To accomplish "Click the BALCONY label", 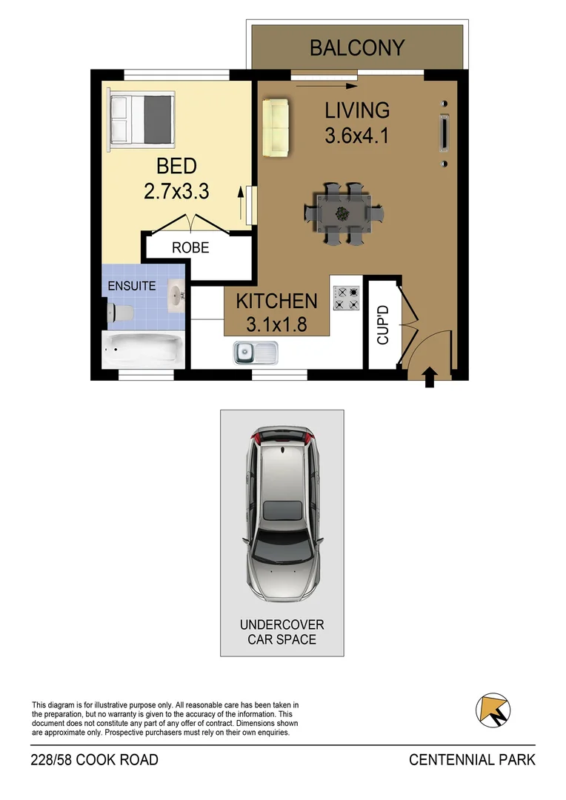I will (x=357, y=48).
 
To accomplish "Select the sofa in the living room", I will (x=276, y=127).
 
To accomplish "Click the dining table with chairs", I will (x=343, y=213).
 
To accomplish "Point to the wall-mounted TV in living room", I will (x=444, y=134).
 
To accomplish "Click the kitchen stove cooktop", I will (x=346, y=298).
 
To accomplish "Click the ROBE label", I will (x=190, y=248).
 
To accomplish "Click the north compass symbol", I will (x=491, y=709).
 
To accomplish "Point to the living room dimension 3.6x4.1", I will (x=357, y=123).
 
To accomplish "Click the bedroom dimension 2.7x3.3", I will (x=176, y=179).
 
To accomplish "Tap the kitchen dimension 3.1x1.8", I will (x=276, y=312).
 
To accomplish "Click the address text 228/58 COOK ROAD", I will (x=94, y=760).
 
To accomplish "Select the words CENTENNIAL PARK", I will (x=472, y=760).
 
